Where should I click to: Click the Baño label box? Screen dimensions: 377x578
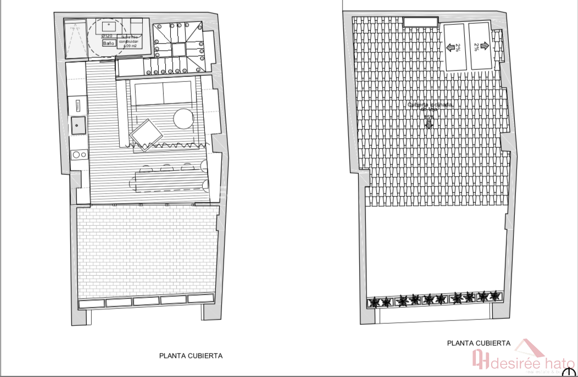(108, 42)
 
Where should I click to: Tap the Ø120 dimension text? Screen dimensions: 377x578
(107, 36)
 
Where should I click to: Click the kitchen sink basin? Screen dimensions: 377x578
(77, 125)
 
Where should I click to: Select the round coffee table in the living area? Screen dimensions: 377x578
(183, 118)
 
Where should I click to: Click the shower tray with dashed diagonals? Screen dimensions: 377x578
(75, 40)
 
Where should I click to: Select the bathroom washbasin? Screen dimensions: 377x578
(109, 25)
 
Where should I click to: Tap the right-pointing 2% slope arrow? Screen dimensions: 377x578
(483, 47)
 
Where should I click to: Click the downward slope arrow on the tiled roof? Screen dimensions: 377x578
(429, 124)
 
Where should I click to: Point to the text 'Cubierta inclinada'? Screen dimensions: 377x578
(430, 105)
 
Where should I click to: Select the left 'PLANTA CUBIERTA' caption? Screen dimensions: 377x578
(191, 356)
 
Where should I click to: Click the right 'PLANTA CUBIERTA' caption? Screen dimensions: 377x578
(479, 343)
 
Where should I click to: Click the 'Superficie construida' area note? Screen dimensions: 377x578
(130, 41)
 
